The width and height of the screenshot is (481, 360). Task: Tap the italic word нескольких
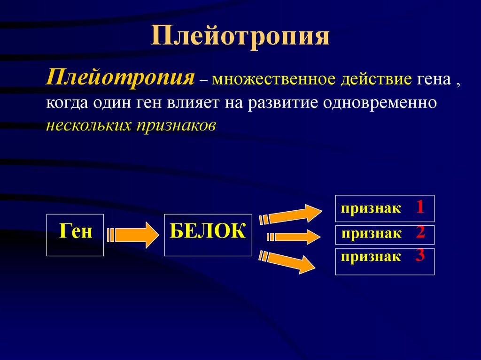click(x=89, y=126)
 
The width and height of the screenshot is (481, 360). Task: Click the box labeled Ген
click(x=75, y=235)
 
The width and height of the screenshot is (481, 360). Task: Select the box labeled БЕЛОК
click(x=208, y=235)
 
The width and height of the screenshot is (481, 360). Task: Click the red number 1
click(x=419, y=207)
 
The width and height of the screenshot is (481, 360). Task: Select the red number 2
click(x=420, y=232)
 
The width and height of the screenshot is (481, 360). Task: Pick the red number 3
click(x=420, y=255)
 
